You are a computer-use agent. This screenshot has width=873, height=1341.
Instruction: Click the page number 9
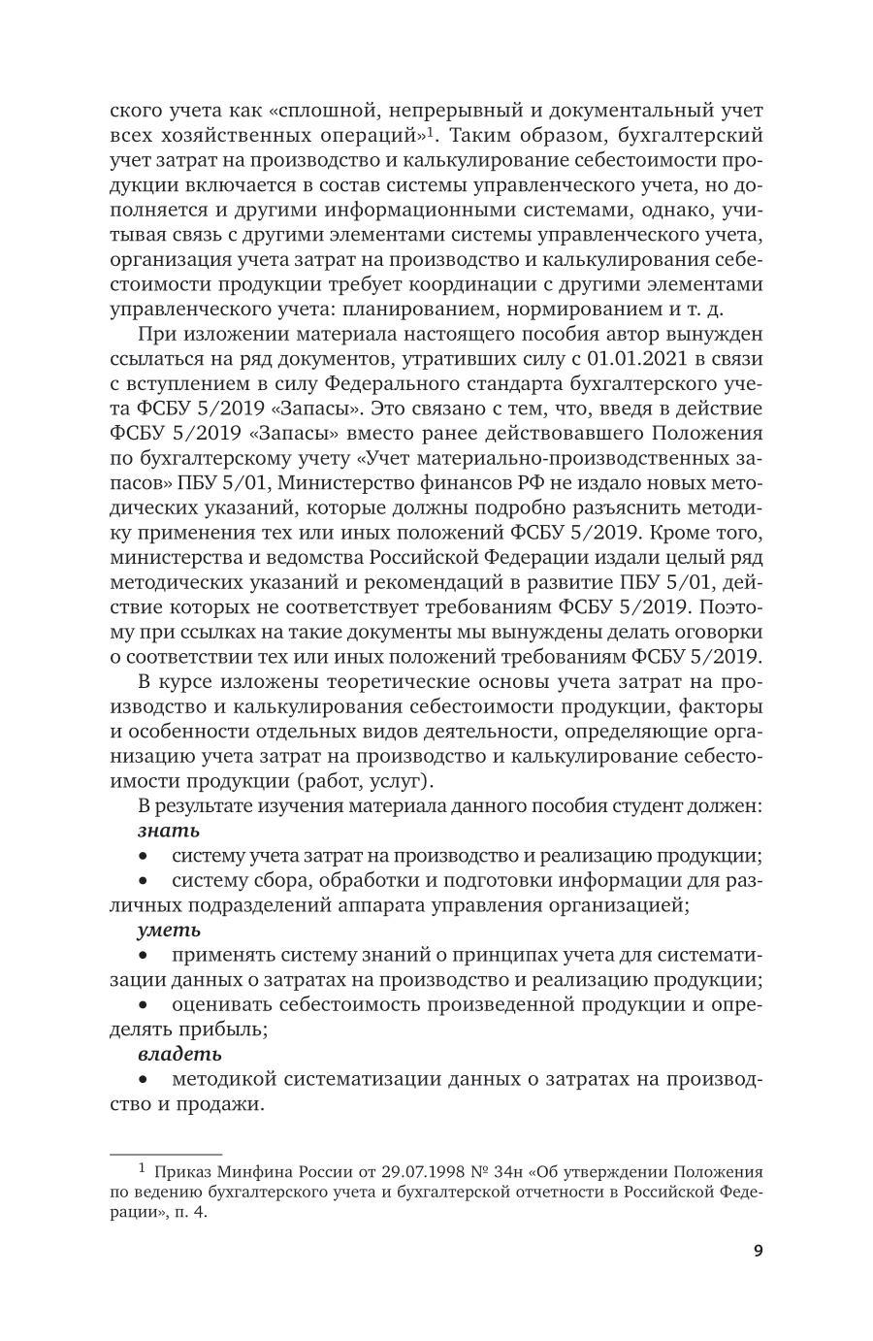(758, 1250)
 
